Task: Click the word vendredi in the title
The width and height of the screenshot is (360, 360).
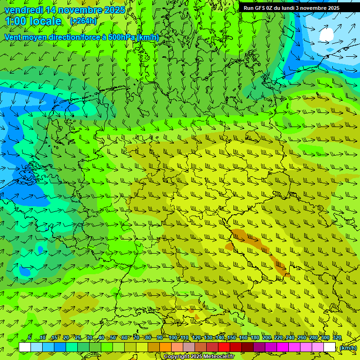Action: click(24, 10)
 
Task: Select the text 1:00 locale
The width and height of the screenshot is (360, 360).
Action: click(33, 21)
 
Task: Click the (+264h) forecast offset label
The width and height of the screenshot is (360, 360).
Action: click(83, 21)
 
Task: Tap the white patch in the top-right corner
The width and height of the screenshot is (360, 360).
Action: click(326, 34)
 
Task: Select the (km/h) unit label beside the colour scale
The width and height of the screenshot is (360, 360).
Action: click(348, 347)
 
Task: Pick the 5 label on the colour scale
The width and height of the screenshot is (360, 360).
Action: click(30, 338)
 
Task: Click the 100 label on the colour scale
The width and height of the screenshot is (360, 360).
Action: click(173, 338)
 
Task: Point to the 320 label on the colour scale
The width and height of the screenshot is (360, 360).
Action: click(337, 338)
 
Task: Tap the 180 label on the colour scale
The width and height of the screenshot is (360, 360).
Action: click(255, 338)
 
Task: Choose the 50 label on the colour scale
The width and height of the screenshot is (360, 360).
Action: click(113, 338)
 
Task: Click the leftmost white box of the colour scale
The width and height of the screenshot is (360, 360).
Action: click(25, 347)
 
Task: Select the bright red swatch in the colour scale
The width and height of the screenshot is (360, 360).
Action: click(224, 347)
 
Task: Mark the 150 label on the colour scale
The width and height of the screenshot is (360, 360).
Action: click(232, 338)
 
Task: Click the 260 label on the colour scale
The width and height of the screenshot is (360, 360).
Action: click(302, 338)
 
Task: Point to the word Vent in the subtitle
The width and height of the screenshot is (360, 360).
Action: click(14, 37)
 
